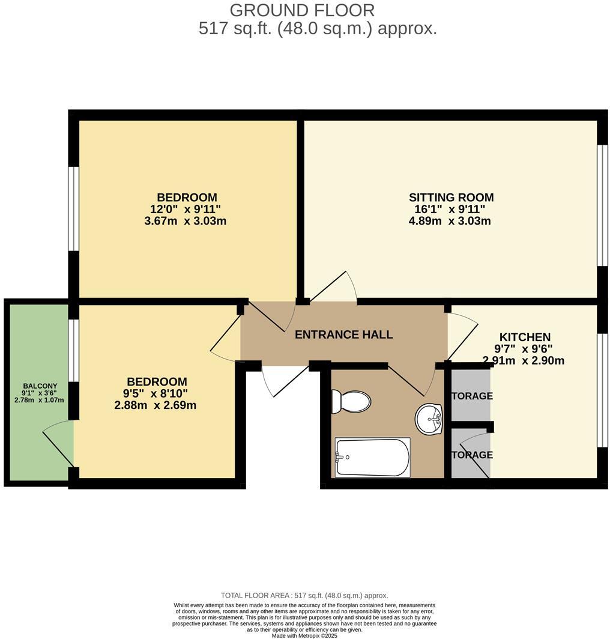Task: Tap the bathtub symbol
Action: click(372, 457)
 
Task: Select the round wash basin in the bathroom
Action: click(429, 419)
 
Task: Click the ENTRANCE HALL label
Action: click(343, 335)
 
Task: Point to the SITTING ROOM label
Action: click(451, 197)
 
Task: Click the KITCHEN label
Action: click(525, 337)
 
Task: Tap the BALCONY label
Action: click(40, 386)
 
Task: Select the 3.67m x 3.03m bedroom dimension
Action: click(186, 220)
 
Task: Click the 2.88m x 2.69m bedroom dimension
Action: click(156, 405)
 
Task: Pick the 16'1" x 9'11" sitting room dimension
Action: click(450, 209)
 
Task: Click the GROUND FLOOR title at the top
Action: click(302, 10)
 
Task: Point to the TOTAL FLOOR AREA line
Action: click(304, 595)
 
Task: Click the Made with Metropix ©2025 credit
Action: click(304, 635)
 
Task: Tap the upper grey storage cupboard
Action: click(471, 396)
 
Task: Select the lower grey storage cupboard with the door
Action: click(471, 455)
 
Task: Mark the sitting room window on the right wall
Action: click(603, 205)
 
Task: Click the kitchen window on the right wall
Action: click(603, 390)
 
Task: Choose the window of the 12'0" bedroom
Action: click(73, 208)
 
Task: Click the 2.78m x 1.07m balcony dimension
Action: click(40, 400)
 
